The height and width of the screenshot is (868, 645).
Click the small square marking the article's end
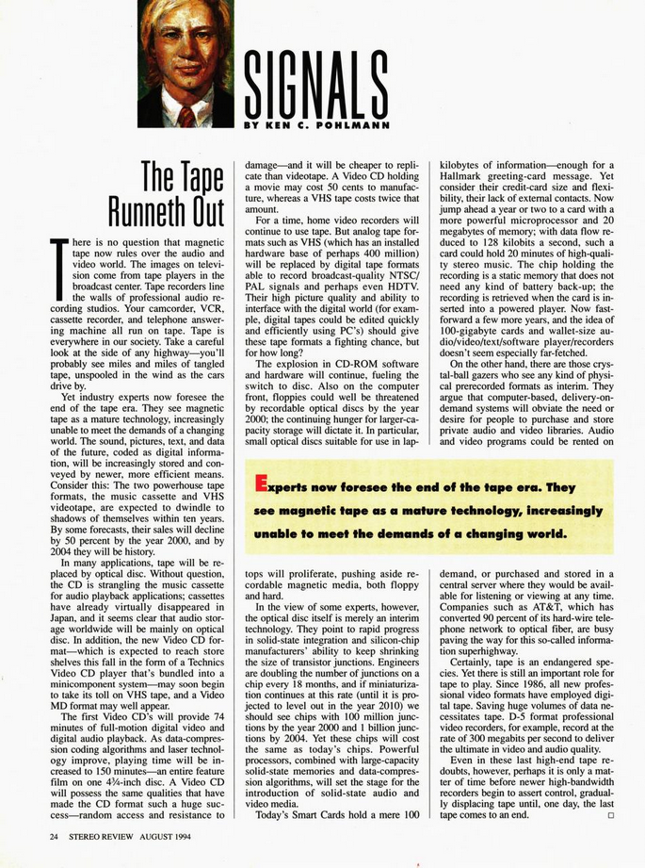pyautogui.click(x=610, y=815)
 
